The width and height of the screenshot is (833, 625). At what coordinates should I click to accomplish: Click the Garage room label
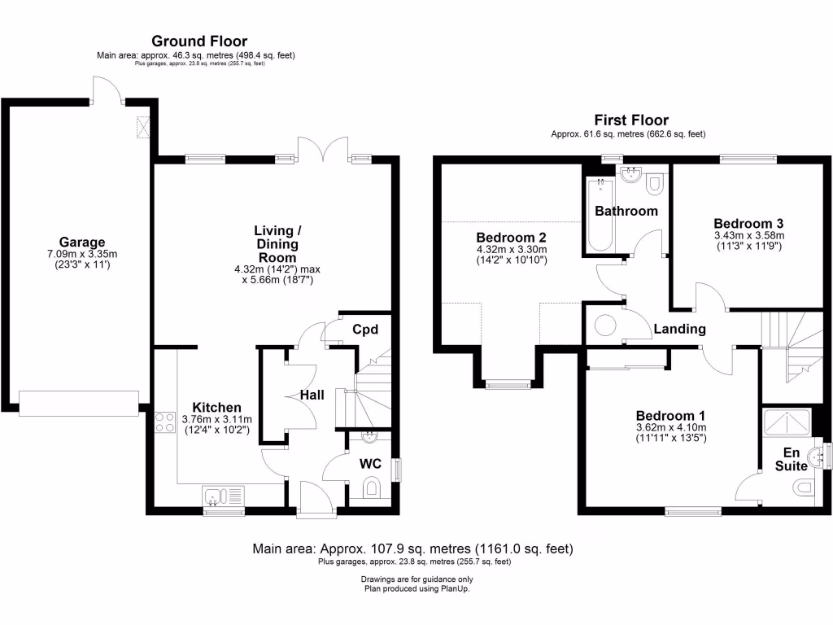tap(81, 242)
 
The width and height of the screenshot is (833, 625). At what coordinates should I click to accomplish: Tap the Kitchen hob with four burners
tap(164, 422)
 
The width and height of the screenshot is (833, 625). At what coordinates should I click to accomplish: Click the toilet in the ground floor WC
tap(372, 488)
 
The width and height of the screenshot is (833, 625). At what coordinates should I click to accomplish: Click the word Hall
tap(312, 395)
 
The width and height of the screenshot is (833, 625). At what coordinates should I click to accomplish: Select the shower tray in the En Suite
tap(787, 423)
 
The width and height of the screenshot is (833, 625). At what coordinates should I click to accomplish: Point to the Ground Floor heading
tap(199, 42)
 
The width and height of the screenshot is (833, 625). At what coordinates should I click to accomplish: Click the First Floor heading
tap(630, 120)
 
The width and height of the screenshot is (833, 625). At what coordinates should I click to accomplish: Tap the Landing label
tap(679, 330)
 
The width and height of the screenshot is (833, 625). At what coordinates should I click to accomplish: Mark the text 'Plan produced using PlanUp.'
tap(416, 588)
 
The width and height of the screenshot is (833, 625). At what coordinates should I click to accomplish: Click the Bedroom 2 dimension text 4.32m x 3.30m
tap(512, 249)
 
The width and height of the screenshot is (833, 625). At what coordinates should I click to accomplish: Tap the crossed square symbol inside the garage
tap(146, 128)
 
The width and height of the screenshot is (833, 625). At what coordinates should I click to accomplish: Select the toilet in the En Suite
tap(802, 487)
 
